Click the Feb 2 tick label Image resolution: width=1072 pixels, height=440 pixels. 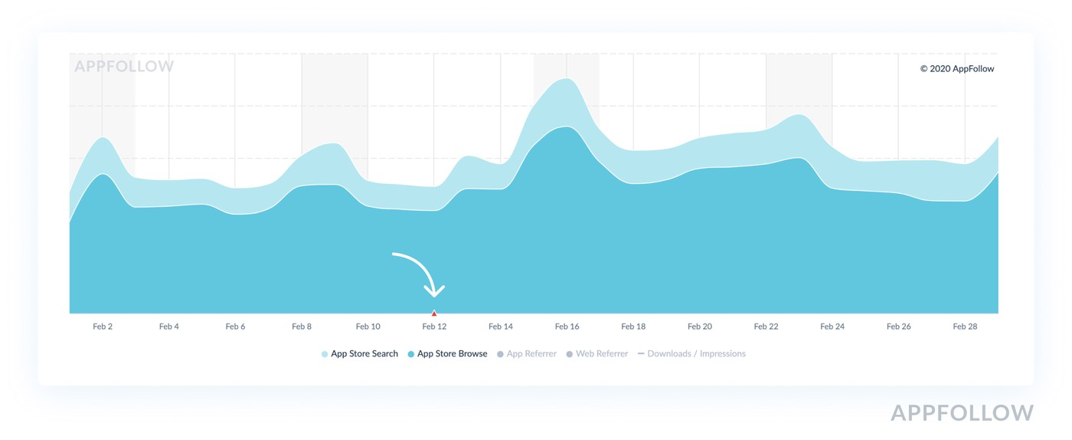click(103, 327)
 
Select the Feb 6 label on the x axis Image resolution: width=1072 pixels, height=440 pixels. click(235, 327)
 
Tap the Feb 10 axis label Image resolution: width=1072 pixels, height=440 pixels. click(368, 327)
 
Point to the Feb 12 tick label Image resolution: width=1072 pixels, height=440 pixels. click(434, 327)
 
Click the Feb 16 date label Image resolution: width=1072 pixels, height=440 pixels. click(567, 327)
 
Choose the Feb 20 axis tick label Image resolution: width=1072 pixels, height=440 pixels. click(700, 327)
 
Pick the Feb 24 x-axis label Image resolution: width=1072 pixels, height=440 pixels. click(832, 327)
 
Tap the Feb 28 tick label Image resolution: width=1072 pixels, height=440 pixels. click(965, 327)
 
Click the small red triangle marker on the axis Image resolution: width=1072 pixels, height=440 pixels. click(434, 313)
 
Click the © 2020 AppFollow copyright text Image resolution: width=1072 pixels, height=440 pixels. click(957, 69)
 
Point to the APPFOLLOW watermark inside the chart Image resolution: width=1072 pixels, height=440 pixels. click(124, 67)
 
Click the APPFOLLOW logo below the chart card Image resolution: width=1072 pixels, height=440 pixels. click(962, 414)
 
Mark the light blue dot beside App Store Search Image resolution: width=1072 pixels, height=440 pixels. click(325, 354)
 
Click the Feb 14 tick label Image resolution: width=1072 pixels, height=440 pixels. click(501, 327)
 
